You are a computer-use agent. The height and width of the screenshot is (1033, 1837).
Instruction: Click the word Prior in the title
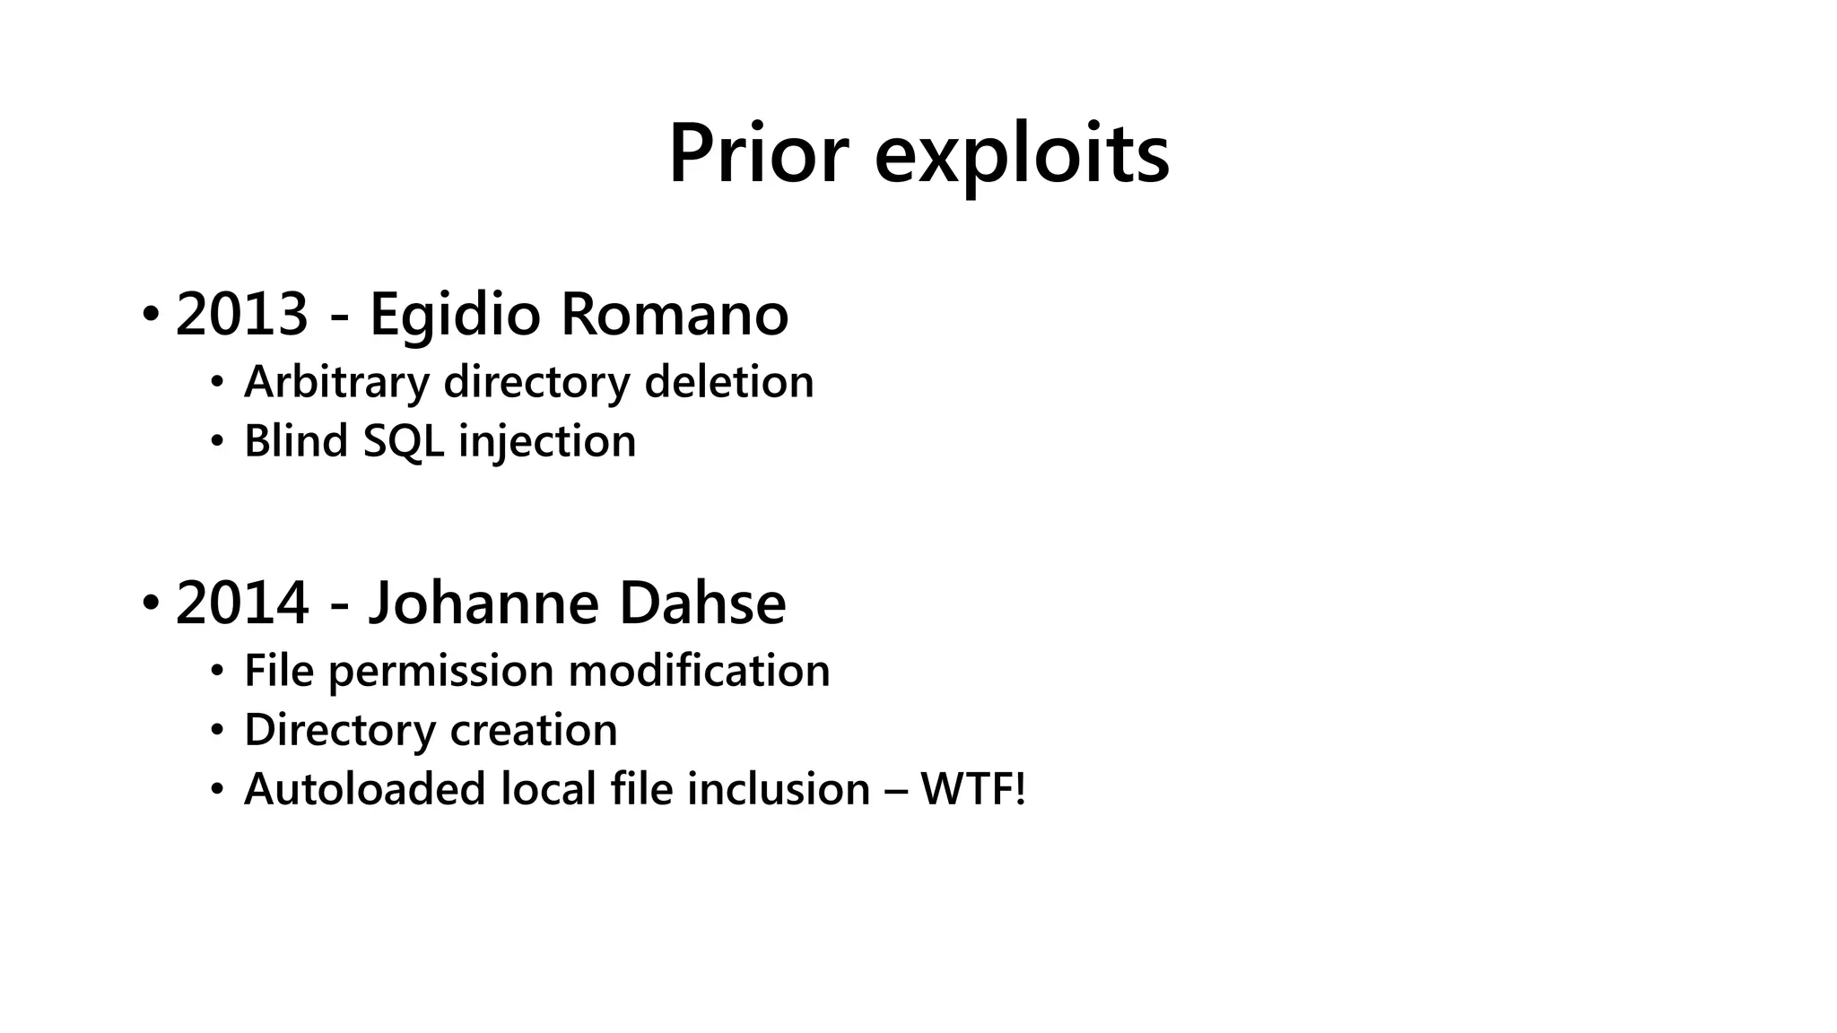tap(758, 154)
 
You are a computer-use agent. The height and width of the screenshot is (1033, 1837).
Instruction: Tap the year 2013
tap(242, 315)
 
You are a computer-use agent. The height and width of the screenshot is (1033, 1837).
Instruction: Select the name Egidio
tap(455, 315)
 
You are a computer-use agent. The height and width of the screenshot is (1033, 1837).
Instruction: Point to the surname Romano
tap(674, 315)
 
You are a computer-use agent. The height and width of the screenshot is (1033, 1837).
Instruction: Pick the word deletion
tap(728, 383)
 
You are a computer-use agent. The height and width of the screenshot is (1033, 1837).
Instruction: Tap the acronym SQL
tap(403, 442)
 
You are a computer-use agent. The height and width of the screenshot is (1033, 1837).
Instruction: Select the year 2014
tap(242, 603)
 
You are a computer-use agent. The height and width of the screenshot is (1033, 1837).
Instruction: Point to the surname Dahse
tap(702, 603)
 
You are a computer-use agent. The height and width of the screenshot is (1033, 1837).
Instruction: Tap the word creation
tap(534, 731)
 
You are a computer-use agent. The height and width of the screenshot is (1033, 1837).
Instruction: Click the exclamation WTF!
tap(972, 790)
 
